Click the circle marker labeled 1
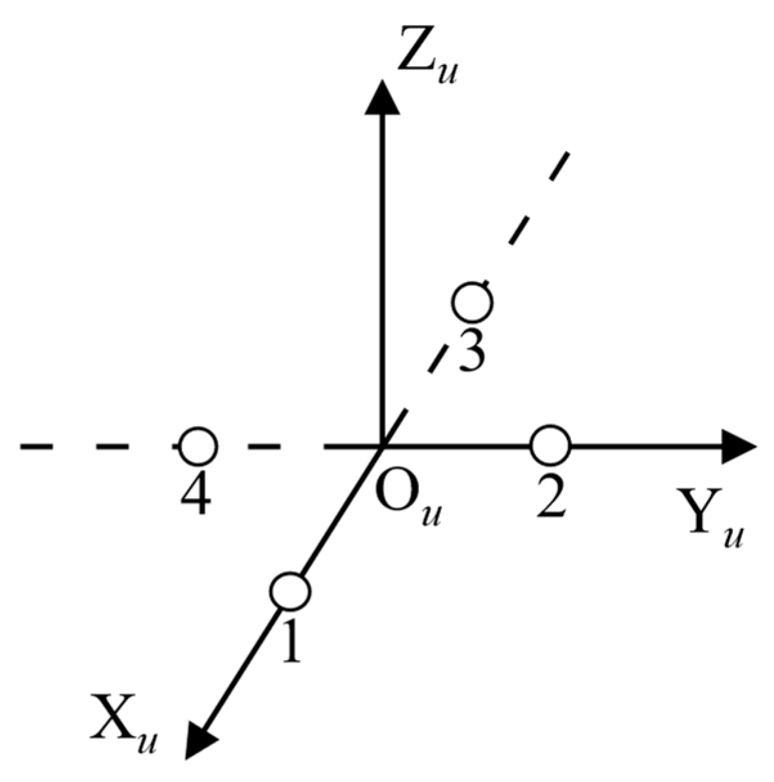point(289,591)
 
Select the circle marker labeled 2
point(550,445)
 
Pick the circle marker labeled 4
point(197,445)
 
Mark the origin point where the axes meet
point(383,445)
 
